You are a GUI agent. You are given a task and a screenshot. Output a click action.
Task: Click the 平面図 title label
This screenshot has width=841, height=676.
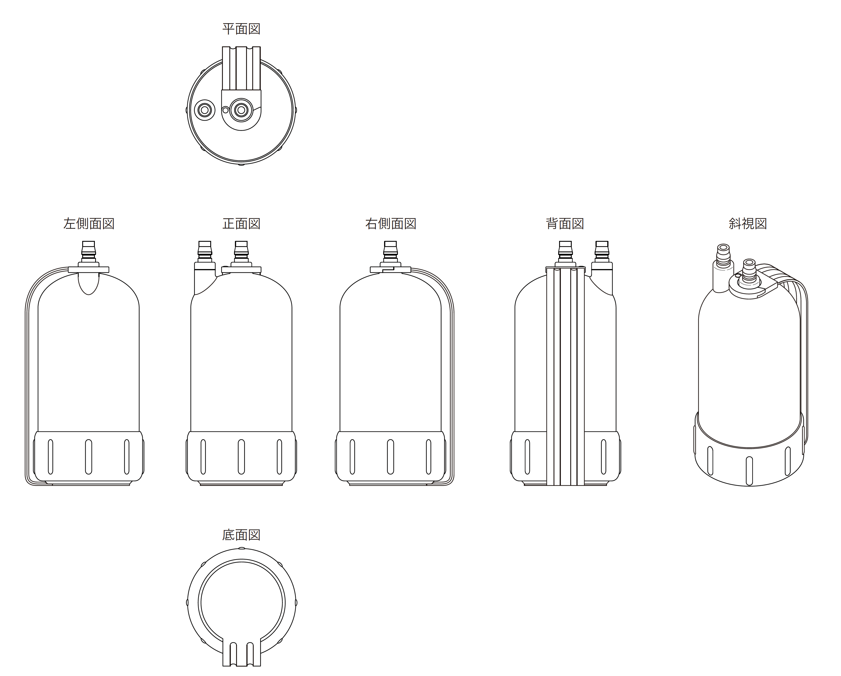tap(241, 29)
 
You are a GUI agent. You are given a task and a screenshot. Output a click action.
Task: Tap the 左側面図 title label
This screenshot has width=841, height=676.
tap(89, 224)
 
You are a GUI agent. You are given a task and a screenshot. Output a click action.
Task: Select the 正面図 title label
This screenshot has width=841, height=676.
tap(241, 224)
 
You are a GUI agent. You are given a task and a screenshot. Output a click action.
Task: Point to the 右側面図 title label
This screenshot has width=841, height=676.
tap(391, 224)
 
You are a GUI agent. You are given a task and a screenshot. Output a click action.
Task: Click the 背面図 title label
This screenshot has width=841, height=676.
tap(565, 224)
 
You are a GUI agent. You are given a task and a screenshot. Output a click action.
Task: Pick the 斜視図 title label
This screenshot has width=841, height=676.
tap(748, 224)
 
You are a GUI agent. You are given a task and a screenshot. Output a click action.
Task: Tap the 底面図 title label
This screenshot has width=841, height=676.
tap(241, 535)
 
